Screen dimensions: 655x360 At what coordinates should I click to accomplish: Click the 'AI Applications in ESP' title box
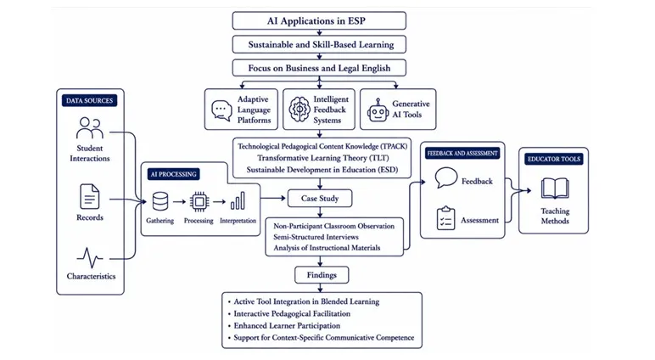[319, 20]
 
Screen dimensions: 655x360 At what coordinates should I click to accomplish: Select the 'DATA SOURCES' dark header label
[89, 100]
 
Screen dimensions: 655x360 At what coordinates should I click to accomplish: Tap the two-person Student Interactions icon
[89, 128]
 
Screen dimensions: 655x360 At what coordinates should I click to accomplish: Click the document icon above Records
[90, 196]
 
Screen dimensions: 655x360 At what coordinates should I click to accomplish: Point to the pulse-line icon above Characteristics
[90, 257]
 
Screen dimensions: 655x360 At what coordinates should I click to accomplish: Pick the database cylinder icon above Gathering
[160, 201]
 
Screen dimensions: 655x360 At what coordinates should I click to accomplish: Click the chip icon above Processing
[199, 201]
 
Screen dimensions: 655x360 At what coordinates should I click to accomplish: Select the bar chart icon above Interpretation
[238, 201]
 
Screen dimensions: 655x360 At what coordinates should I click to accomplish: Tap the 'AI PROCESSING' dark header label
[173, 174]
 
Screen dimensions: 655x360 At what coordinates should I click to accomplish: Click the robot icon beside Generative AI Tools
[378, 110]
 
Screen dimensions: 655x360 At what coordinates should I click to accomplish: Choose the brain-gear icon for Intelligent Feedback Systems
[300, 110]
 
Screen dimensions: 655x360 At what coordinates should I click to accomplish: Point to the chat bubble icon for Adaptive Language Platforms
[221, 110]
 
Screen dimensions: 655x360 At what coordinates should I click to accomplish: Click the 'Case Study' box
[320, 198]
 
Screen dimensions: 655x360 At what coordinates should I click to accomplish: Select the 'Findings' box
[322, 275]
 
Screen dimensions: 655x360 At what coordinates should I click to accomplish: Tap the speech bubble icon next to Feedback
[446, 178]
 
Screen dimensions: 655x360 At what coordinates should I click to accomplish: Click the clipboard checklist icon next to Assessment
[445, 218]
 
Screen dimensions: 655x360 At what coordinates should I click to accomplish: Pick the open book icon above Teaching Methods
[555, 188]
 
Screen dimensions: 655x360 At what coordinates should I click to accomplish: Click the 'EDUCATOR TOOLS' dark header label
[554, 159]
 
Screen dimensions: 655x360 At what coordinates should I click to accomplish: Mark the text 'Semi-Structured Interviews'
[316, 237]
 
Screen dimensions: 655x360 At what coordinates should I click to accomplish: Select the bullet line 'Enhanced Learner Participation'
[284, 325]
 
